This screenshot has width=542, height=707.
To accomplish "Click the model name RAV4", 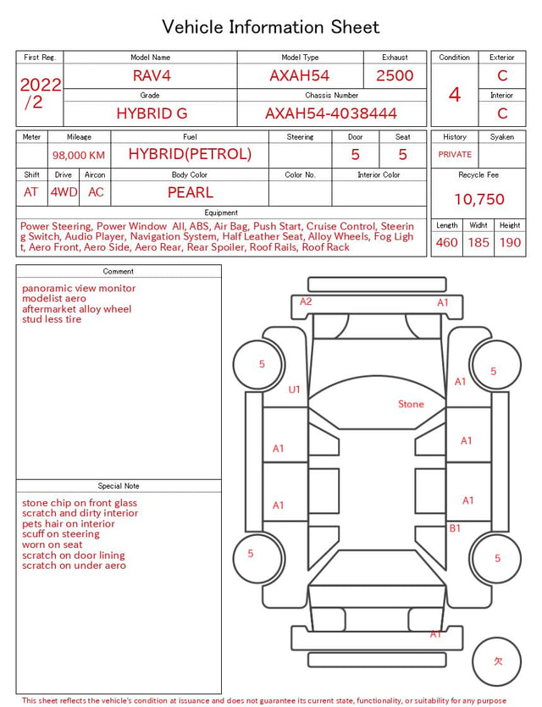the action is [x=152, y=75].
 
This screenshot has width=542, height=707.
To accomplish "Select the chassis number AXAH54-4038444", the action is [x=331, y=113].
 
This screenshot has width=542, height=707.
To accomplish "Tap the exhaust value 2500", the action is [x=395, y=75].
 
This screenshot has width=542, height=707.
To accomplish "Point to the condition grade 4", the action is [x=455, y=95].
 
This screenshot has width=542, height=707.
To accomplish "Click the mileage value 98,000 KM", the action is [x=79, y=155].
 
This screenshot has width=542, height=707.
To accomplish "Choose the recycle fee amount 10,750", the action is [x=478, y=199].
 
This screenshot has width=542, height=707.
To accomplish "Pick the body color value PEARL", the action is [x=191, y=192].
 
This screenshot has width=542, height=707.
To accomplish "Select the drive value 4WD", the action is [x=64, y=192].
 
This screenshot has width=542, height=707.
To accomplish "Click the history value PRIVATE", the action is [x=455, y=154].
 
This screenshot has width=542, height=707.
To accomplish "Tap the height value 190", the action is [x=510, y=242].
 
